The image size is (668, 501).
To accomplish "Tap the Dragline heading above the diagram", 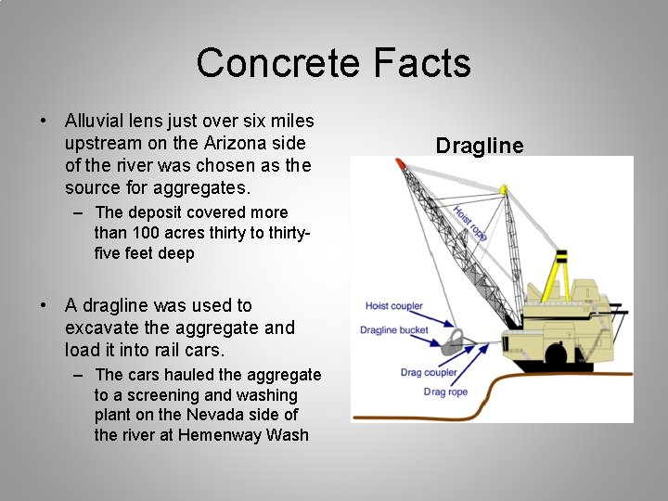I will pyautogui.click(x=480, y=146).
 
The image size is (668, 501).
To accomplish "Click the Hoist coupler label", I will pyautogui.click(x=393, y=306).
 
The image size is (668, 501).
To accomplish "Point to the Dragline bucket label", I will pyautogui.click(x=394, y=329).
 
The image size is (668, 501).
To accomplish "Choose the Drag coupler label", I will pyautogui.click(x=429, y=373).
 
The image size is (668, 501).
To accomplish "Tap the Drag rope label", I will pyautogui.click(x=445, y=392).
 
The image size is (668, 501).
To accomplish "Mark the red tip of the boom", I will pyautogui.click(x=400, y=163).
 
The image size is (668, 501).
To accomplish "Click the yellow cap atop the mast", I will pyautogui.click(x=504, y=189).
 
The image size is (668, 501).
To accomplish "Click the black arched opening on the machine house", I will pyautogui.click(x=556, y=353).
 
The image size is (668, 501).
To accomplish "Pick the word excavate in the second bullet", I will pyautogui.click(x=100, y=328).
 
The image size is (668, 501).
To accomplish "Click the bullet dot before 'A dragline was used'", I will pyautogui.click(x=44, y=305).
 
